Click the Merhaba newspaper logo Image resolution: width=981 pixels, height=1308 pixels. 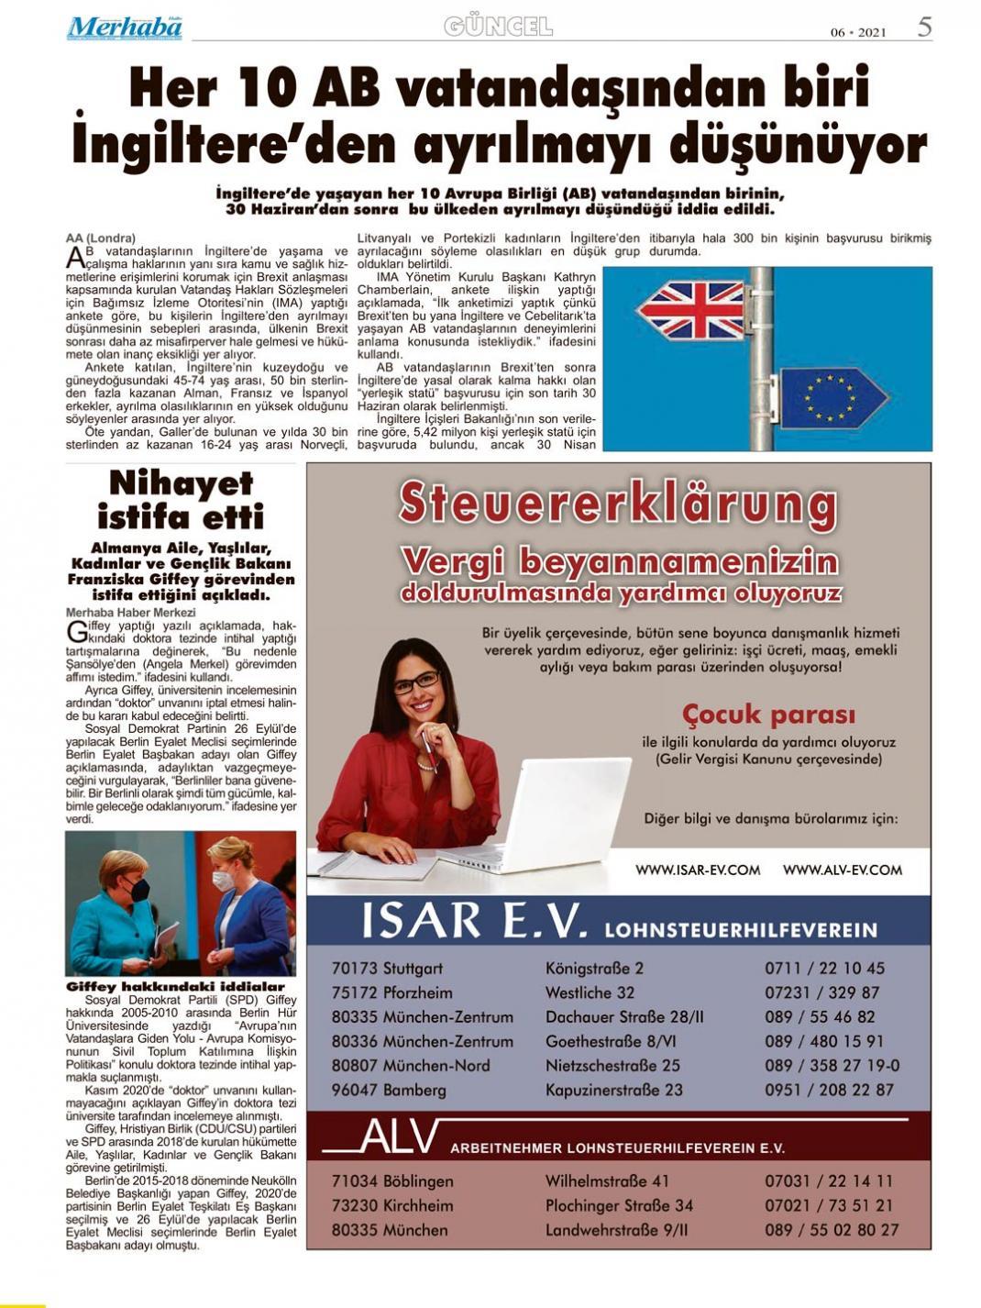click(x=124, y=28)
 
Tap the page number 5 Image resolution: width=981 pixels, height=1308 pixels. click(x=924, y=27)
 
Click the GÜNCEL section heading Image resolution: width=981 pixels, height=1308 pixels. click(x=498, y=27)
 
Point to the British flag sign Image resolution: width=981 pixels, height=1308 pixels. click(x=693, y=309)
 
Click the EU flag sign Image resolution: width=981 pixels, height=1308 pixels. click(x=831, y=396)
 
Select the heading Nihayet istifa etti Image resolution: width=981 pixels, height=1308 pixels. click(x=181, y=499)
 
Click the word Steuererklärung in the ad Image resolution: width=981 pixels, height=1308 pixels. click(x=618, y=504)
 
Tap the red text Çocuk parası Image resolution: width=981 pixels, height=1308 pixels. click(x=768, y=714)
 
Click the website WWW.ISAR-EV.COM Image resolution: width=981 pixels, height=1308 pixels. click(x=697, y=870)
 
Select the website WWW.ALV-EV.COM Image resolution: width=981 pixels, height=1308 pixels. click(x=842, y=870)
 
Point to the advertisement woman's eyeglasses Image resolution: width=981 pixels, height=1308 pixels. click(x=417, y=682)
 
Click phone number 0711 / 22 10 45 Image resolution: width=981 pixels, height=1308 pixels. click(x=824, y=968)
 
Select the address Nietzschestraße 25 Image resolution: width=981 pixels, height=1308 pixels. click(x=612, y=1066)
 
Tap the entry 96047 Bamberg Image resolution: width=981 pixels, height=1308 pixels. click(x=389, y=1091)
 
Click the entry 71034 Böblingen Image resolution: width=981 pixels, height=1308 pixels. click(x=392, y=1181)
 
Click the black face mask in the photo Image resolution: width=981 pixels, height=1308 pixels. click(x=138, y=890)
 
